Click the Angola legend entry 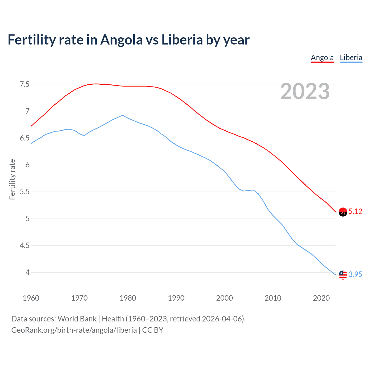322,58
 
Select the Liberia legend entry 351,58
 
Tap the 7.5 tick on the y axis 25,84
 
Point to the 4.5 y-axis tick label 25,246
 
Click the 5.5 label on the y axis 25,192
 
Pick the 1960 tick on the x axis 31,298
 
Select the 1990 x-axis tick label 176,298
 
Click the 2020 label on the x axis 321,298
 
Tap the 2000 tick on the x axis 224,298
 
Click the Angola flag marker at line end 343,212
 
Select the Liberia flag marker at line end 343,275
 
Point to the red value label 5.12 355,212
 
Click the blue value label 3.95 355,275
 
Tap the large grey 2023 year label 305,92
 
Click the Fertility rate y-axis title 12,179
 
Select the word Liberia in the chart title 182,40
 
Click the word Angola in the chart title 121,40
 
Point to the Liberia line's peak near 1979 123,115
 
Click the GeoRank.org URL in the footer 74,330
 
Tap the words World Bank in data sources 77,319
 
